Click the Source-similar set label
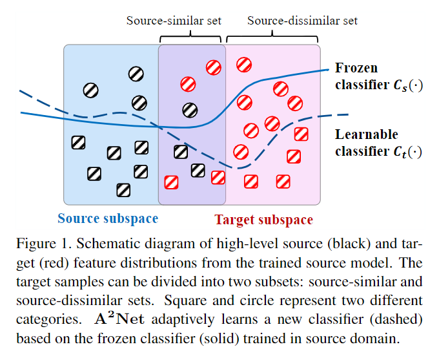(x=173, y=21)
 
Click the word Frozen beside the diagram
(x=356, y=68)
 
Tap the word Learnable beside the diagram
(x=367, y=134)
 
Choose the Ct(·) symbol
(x=409, y=151)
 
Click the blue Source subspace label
(x=108, y=218)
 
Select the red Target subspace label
(x=263, y=220)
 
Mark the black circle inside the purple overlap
(x=189, y=110)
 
